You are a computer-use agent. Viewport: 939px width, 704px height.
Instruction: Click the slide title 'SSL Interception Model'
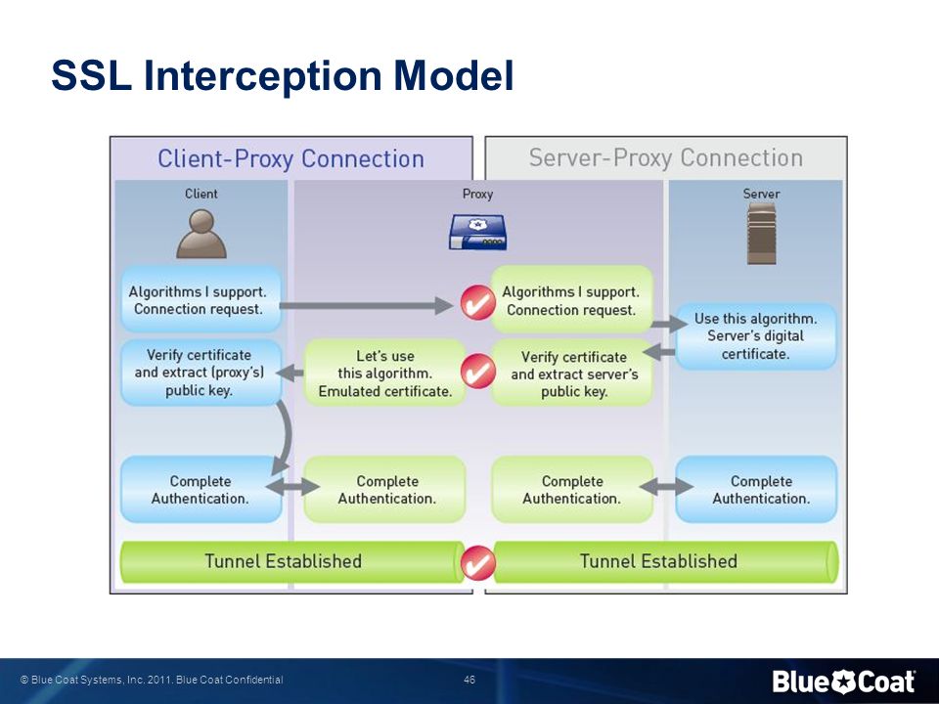(283, 75)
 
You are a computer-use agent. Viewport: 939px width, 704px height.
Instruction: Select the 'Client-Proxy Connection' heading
(291, 158)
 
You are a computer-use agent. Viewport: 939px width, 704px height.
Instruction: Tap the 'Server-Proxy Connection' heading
(665, 158)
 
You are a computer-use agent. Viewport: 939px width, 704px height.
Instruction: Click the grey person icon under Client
(201, 234)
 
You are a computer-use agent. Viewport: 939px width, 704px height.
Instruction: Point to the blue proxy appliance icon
(478, 233)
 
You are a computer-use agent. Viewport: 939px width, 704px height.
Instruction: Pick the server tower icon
(761, 234)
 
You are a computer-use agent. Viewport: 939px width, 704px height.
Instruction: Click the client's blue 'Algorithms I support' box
(201, 300)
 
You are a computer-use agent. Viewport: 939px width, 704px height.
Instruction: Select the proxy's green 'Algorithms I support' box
(571, 300)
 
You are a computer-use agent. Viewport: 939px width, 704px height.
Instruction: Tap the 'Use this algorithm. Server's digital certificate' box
(756, 335)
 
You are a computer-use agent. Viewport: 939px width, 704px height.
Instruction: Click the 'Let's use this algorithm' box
(385, 373)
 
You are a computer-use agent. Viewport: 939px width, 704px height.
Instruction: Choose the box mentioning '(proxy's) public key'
(201, 373)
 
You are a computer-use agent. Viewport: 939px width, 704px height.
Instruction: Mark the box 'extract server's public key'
(572, 374)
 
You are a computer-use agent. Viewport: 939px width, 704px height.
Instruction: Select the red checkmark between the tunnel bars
(478, 562)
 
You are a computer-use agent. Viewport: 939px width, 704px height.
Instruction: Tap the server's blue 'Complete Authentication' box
(756, 489)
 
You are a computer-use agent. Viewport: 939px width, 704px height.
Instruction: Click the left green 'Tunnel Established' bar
(292, 561)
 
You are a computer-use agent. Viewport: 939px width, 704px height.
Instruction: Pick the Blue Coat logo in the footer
(843, 682)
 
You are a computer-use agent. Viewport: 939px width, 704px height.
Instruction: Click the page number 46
(469, 680)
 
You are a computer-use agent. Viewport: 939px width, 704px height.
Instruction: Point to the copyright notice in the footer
(152, 680)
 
